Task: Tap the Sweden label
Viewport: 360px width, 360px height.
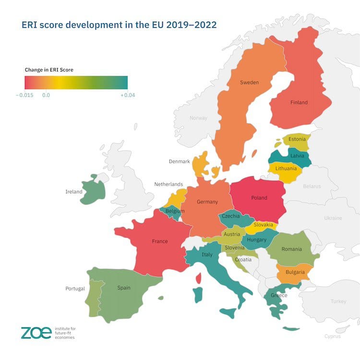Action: (249, 83)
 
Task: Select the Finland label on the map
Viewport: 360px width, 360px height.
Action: (299, 102)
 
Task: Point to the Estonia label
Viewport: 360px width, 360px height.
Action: (297, 139)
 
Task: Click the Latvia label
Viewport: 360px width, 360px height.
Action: (297, 156)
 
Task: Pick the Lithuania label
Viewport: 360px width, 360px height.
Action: (286, 168)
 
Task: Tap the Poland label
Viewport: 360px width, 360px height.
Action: (259, 198)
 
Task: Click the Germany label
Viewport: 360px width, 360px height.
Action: (207, 202)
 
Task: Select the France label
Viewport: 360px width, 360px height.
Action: (159, 241)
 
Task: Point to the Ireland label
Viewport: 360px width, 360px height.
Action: (74, 192)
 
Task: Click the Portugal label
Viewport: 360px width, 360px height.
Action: (75, 288)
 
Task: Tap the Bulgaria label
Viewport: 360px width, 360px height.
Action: (295, 272)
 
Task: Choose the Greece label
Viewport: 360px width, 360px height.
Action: (279, 295)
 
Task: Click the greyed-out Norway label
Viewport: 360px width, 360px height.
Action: (198, 118)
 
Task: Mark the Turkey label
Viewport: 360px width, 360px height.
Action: (338, 301)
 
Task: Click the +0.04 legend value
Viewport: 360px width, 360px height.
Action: (127, 95)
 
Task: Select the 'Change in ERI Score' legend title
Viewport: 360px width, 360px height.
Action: (49, 70)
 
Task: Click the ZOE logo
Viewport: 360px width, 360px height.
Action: (36, 332)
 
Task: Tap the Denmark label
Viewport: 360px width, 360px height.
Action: (180, 162)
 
